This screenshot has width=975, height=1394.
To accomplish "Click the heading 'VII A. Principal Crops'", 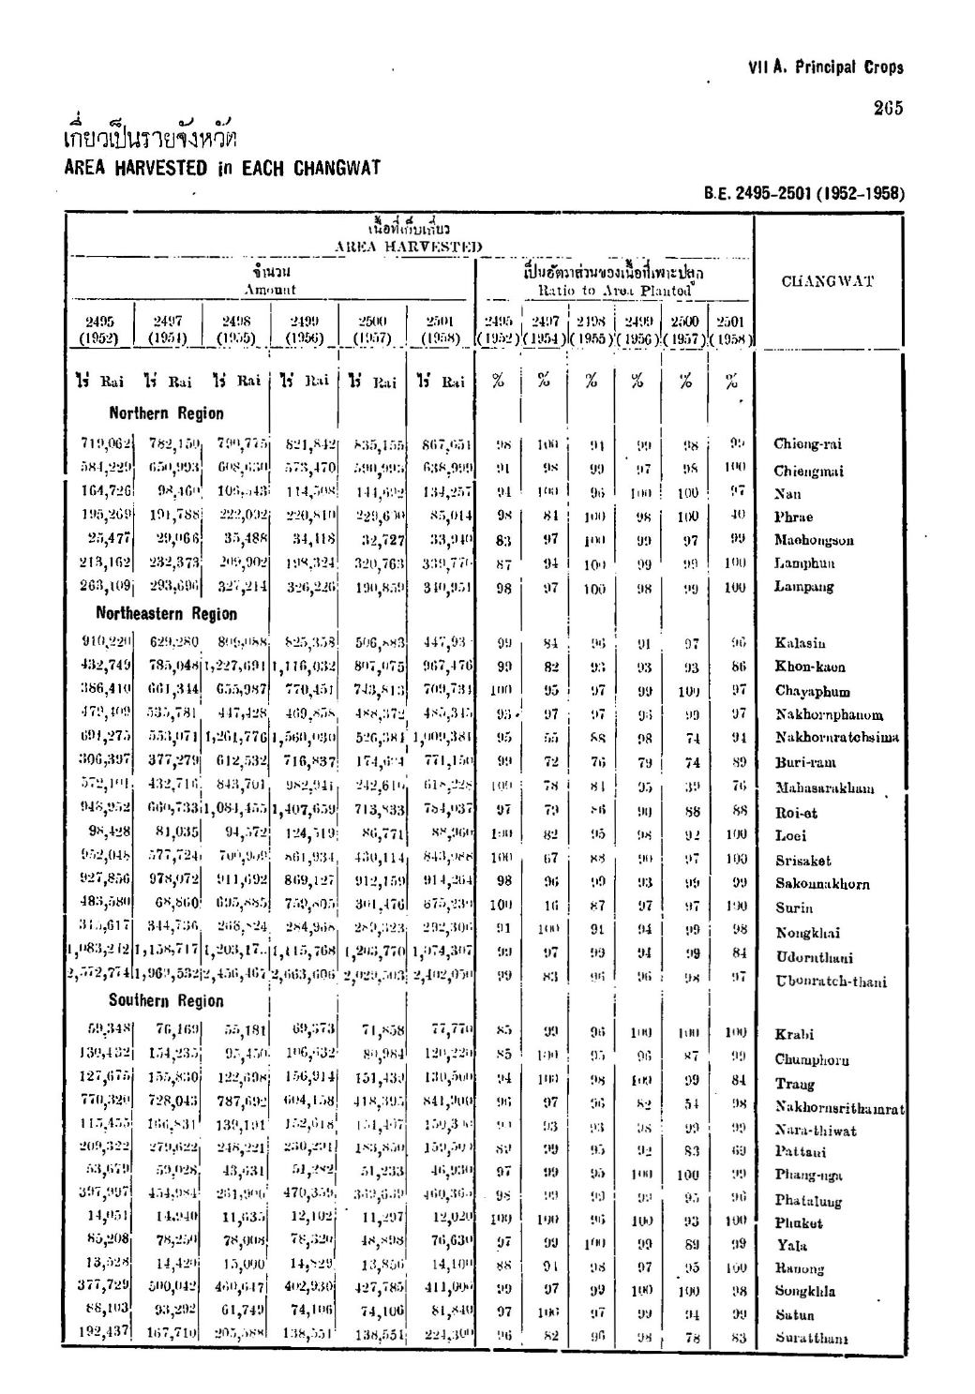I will coord(826,67).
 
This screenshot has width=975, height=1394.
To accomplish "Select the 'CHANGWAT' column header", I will coord(826,280).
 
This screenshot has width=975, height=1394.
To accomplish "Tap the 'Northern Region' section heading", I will coord(166,413).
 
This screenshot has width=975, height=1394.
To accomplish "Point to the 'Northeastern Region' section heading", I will coord(166,614).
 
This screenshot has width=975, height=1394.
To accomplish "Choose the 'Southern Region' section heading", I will coord(166,1000).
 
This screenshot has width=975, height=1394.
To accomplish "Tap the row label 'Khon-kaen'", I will coord(810,667).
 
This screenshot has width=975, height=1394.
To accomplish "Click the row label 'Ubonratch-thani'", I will coord(830,982).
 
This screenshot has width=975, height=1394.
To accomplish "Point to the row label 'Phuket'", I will coord(798,1222).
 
